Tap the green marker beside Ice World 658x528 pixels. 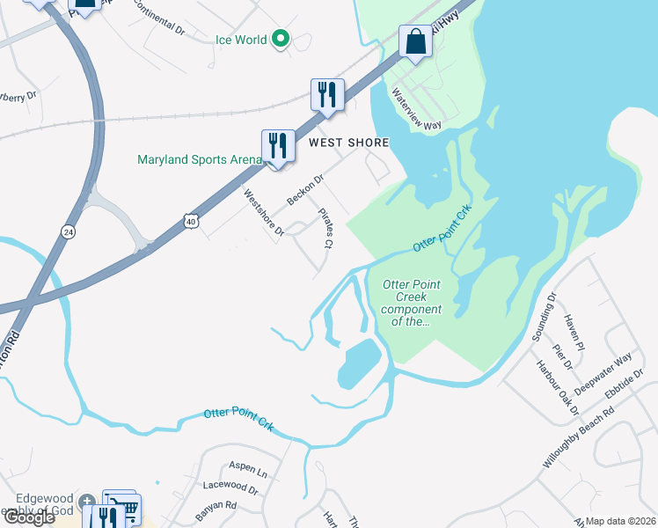(281, 39)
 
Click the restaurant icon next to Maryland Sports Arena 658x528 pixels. (278, 146)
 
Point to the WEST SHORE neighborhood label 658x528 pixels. (347, 142)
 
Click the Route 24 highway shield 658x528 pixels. (68, 231)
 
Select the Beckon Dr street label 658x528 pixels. (305, 189)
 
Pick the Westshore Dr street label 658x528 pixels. (264, 213)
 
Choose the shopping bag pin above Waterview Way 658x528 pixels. (414, 41)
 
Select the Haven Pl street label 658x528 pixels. (574, 330)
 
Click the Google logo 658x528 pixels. (28, 517)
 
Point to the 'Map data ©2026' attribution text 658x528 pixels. (621, 521)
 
